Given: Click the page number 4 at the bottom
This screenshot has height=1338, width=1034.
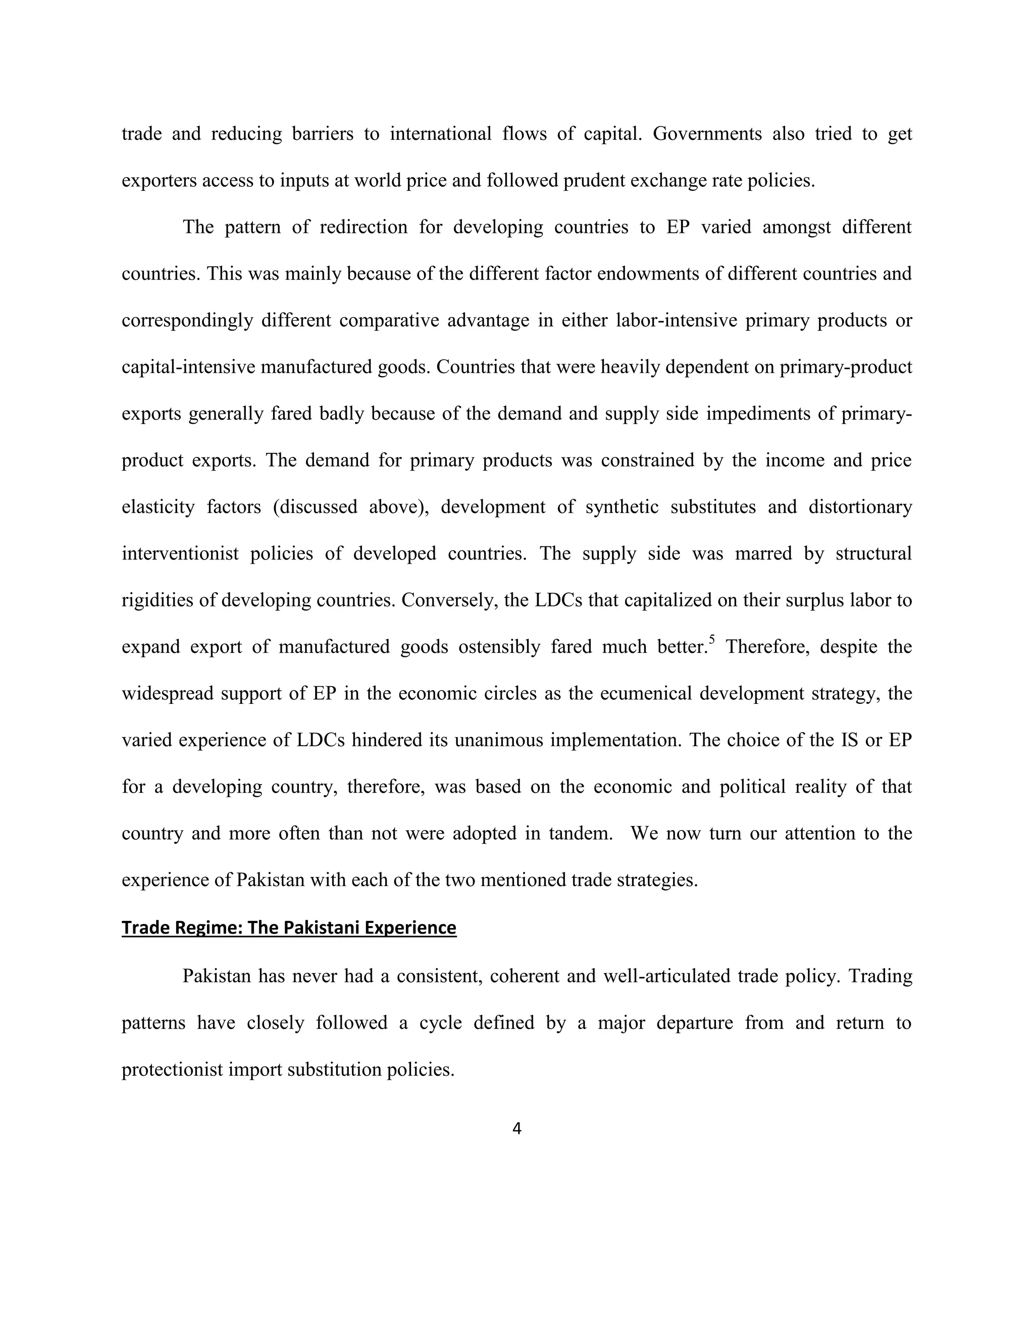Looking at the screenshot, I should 516,1128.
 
